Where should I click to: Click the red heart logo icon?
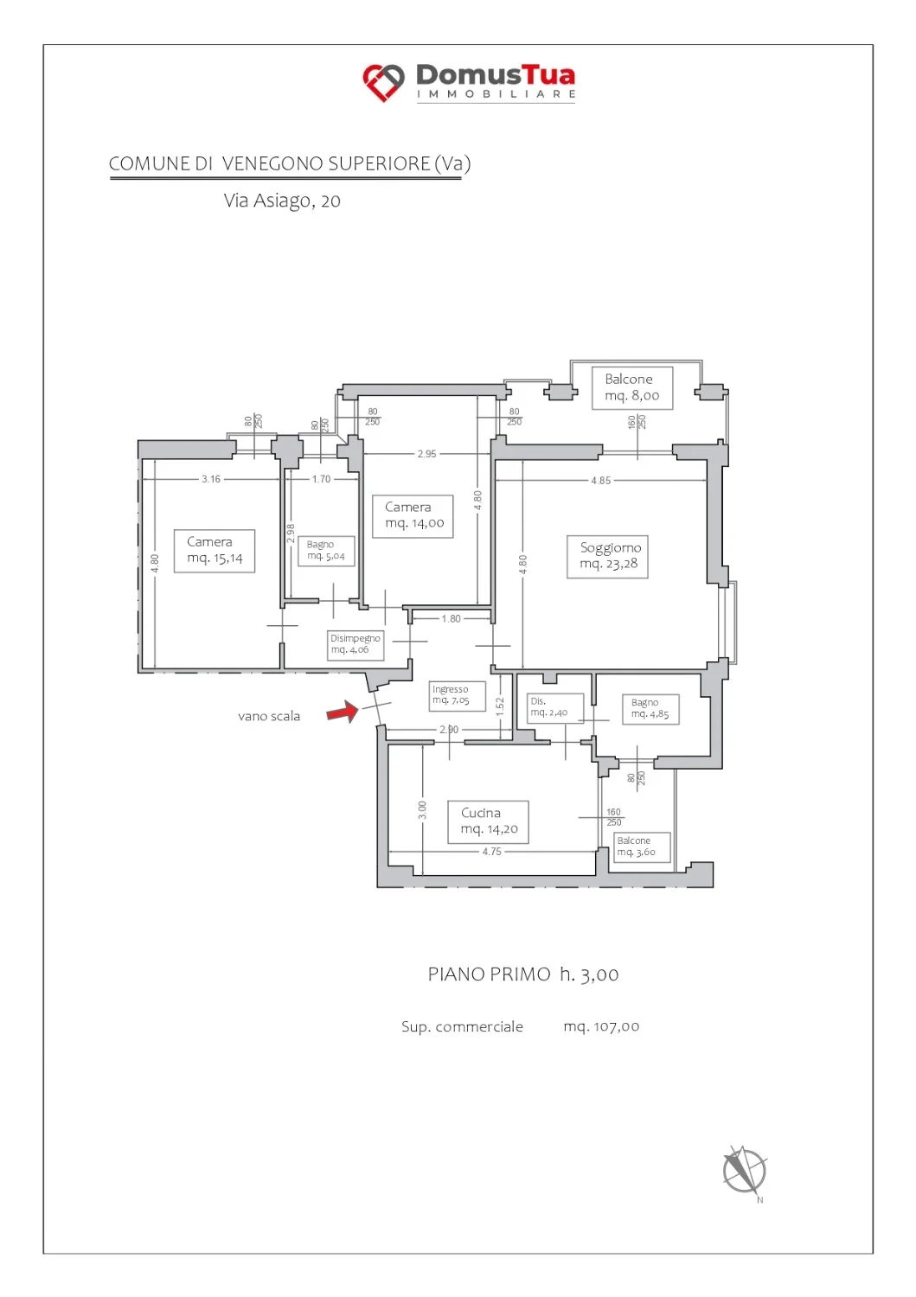(383, 82)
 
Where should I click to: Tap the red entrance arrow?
(343, 711)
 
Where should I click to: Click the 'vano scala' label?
(269, 716)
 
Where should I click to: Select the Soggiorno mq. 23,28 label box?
(607, 557)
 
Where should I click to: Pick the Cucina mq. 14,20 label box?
(488, 821)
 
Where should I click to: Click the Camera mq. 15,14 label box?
(215, 551)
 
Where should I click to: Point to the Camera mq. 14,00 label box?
(413, 516)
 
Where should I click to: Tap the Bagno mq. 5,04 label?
(326, 551)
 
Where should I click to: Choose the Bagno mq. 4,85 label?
(650, 709)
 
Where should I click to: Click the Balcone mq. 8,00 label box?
(632, 388)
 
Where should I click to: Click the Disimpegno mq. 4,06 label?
(356, 644)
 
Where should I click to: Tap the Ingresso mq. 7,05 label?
(457, 696)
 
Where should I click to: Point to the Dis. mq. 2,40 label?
(555, 708)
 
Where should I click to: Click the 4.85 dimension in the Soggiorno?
(601, 481)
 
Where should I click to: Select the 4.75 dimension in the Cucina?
(492, 851)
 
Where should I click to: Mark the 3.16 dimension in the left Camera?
(211, 479)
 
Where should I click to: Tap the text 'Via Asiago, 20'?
(282, 201)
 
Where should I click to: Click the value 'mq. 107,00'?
(601, 1026)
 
